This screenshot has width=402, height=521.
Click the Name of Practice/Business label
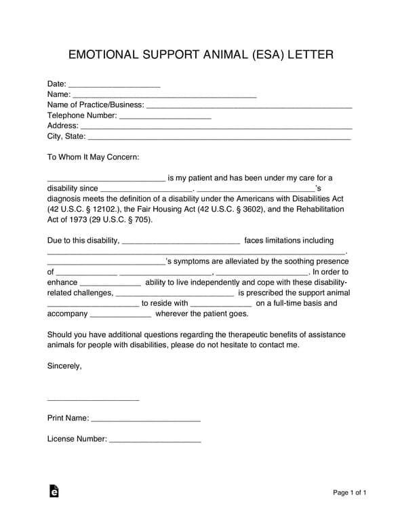(96, 105)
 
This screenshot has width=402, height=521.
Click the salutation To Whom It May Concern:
(93, 157)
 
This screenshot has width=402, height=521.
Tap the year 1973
(75, 220)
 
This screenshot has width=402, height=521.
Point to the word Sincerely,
(64, 366)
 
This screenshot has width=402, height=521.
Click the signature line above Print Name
(93, 399)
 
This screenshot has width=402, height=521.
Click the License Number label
(77, 439)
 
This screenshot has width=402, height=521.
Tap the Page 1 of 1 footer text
(350, 493)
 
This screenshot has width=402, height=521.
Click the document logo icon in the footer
(54, 491)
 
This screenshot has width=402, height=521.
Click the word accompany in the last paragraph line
(68, 314)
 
